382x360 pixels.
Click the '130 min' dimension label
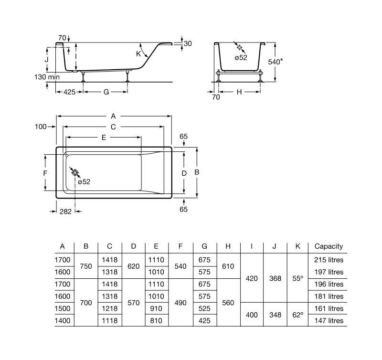[46, 77]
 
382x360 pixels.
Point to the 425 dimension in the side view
[69, 92]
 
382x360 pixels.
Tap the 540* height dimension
[276, 62]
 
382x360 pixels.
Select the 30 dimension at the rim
[188, 43]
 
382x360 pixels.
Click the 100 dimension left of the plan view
[41, 127]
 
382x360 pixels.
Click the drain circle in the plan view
[75, 173]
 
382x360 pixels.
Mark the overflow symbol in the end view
[239, 48]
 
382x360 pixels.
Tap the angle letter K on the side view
[138, 54]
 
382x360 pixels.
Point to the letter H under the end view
[239, 92]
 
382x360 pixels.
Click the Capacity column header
[329, 246]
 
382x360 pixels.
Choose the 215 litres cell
[329, 260]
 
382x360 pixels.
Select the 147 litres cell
[329, 320]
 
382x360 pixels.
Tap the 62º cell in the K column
[298, 315]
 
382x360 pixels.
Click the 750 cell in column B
[86, 266]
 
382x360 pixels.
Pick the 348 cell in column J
[275, 315]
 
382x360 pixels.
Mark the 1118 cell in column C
[109, 320]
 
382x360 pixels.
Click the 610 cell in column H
[228, 266]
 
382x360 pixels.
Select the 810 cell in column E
[157, 320]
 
